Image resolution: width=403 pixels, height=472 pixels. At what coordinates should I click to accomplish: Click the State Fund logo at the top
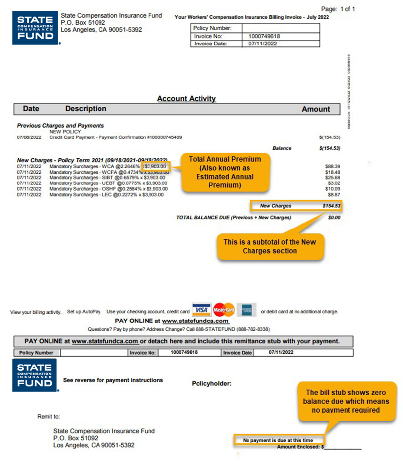[x=35, y=28]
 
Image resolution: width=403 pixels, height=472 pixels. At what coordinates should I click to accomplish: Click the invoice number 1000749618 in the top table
[x=264, y=36]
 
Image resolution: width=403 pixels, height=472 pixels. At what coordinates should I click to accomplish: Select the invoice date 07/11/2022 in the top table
[x=262, y=44]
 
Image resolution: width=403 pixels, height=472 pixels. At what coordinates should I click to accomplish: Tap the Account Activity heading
[x=186, y=98]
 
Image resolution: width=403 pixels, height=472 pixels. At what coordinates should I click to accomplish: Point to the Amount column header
[x=316, y=109]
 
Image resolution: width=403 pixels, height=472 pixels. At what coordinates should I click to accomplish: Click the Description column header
[x=86, y=109]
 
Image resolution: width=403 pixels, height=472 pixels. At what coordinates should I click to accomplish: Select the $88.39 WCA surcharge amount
[x=332, y=166]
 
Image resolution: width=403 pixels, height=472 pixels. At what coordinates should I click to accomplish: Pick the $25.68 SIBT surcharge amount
[x=332, y=177]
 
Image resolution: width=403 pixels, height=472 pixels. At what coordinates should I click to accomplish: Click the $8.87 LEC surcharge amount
[x=334, y=194]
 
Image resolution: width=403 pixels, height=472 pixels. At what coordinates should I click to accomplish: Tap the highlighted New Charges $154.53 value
[x=331, y=206]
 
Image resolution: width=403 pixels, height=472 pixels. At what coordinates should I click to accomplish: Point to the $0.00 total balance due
[x=334, y=217]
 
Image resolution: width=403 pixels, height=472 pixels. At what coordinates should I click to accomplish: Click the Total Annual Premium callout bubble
[x=225, y=172]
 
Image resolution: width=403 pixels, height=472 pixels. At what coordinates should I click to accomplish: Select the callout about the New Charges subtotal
[x=270, y=246]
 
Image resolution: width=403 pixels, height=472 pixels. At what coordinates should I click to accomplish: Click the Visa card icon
[x=201, y=310]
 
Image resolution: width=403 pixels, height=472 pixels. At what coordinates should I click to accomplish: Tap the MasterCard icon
[x=224, y=310]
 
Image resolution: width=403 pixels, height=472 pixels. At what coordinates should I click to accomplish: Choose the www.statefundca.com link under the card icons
[x=195, y=321]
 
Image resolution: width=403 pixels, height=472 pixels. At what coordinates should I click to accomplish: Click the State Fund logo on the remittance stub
[x=35, y=375]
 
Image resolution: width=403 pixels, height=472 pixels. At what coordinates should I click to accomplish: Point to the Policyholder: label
[x=212, y=383]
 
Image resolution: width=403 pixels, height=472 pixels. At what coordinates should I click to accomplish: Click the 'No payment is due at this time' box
[x=278, y=440]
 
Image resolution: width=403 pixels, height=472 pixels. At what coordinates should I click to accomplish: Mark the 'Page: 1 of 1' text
[x=338, y=9]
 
